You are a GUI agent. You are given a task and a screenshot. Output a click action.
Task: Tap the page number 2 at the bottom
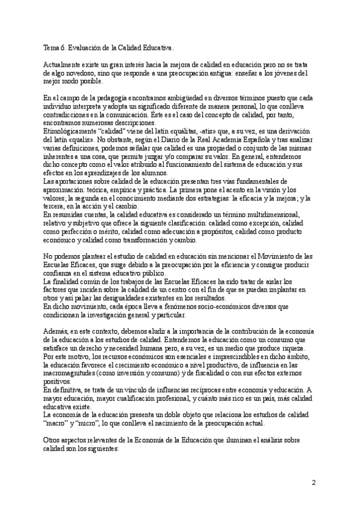click(x=313, y=483)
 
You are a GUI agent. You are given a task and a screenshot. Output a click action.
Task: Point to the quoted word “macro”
click(x=56, y=422)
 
